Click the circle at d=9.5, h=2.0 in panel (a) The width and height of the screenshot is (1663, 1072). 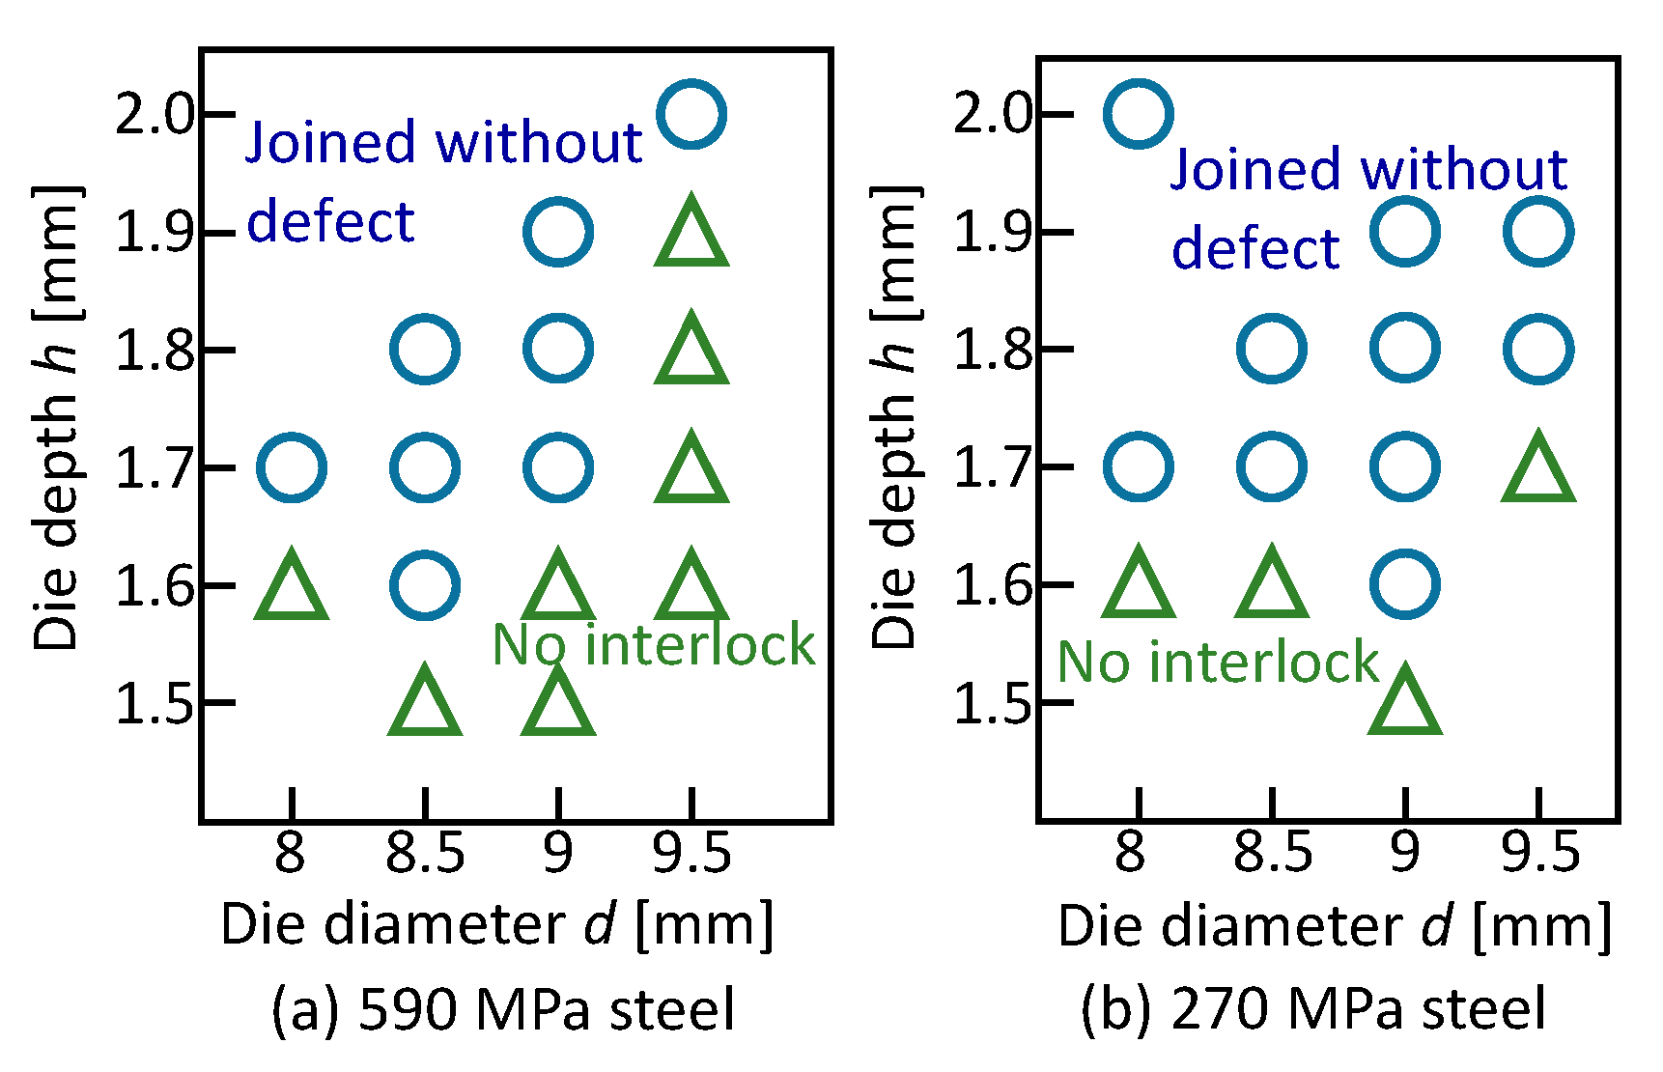[x=691, y=114]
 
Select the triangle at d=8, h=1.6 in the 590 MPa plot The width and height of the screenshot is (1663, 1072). [x=292, y=587]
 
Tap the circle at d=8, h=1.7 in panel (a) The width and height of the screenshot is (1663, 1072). [x=292, y=467]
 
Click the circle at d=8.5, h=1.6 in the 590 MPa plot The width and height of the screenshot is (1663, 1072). [x=425, y=585]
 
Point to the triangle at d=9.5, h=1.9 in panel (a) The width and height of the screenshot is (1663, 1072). [x=691, y=234]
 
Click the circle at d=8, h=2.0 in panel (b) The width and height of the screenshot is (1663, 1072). [x=1139, y=113]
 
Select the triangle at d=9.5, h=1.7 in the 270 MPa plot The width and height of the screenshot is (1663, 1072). [x=1538, y=470]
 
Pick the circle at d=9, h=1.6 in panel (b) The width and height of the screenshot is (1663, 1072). [x=1405, y=584]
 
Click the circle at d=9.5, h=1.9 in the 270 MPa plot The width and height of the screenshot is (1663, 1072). [x=1538, y=232]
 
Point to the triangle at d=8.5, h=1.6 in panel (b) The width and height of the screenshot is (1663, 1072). [x=1272, y=587]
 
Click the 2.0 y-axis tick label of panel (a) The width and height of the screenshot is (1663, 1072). [x=155, y=114]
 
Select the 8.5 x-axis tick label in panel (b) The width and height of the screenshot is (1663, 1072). [x=1272, y=853]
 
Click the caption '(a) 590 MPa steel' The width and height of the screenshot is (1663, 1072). [x=503, y=1010]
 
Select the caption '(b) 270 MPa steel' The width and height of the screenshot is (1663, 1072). [x=1312, y=1010]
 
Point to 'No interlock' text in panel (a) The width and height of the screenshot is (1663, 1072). [x=654, y=645]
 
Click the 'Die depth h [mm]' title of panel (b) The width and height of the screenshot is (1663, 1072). [x=892, y=415]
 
